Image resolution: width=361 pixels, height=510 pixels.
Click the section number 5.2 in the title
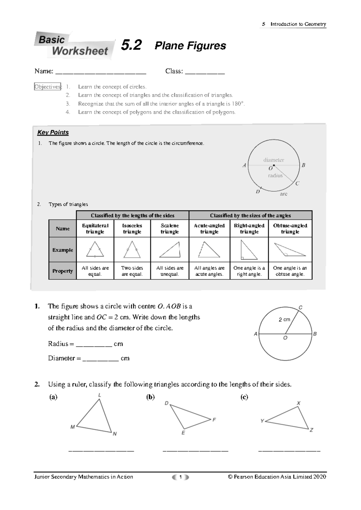tap(131, 45)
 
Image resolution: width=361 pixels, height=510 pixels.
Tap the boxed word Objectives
tap(48, 87)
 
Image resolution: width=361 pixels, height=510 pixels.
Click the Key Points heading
tap(53, 132)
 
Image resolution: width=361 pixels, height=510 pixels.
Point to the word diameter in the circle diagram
tap(273, 160)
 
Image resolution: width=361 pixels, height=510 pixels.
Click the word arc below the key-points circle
tap(283, 194)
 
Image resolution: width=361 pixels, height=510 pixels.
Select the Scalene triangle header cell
tap(170, 229)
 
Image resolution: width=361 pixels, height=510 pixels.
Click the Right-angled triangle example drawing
tap(248, 250)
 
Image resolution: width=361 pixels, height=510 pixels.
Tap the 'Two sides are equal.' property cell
tap(132, 271)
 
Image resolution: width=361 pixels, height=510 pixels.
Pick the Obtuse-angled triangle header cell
tap(290, 229)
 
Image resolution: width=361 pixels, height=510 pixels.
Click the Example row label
tap(63, 250)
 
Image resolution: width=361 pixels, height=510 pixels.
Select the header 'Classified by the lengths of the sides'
tap(133, 215)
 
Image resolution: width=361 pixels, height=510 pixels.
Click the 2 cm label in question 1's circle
tap(284, 319)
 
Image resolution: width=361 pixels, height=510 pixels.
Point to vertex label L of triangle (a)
tap(100, 395)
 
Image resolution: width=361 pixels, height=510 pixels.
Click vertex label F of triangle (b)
tap(214, 419)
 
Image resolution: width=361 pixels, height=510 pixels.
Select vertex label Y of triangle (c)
tap(262, 421)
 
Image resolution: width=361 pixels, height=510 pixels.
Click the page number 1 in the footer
tap(180, 477)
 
